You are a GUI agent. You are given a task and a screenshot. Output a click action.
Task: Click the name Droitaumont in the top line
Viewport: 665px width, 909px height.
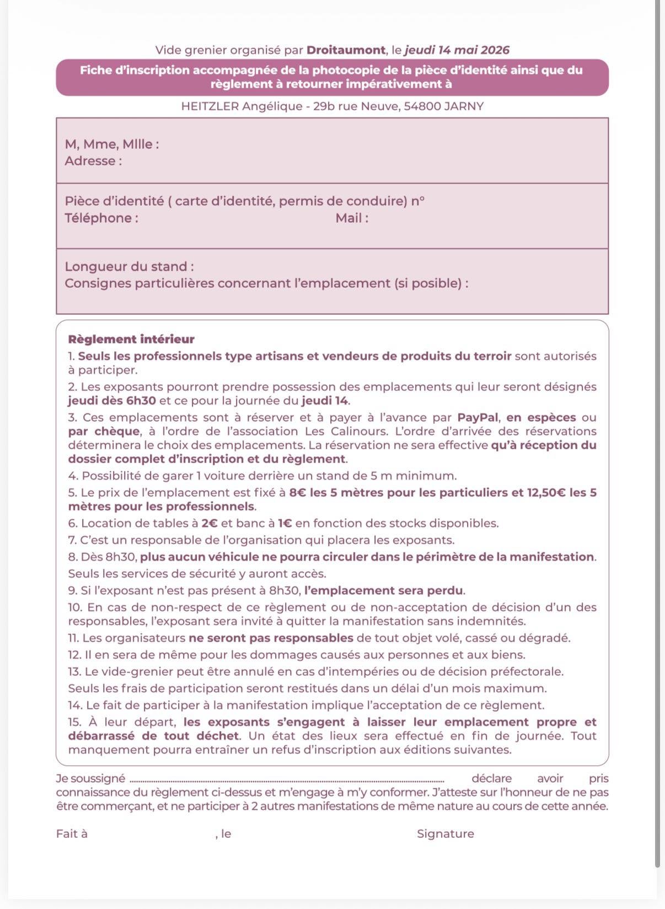346,50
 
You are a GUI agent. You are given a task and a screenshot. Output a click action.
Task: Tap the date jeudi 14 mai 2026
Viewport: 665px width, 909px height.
457,50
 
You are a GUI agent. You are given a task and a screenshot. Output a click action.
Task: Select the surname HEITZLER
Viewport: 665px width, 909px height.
210,106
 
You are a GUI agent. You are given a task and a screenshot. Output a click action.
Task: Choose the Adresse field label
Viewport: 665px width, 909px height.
93,161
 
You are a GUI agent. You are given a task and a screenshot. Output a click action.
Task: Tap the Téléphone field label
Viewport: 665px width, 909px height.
101,218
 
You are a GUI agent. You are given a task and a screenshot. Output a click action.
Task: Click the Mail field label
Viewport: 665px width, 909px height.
352,218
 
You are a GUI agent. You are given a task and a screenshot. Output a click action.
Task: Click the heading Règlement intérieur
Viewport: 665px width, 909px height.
131,340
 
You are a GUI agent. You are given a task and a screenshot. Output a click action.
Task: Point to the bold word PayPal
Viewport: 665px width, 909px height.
478,418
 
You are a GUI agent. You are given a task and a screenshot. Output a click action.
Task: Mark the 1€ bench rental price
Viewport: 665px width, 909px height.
285,524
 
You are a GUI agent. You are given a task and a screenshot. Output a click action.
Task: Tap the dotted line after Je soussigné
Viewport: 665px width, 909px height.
287,780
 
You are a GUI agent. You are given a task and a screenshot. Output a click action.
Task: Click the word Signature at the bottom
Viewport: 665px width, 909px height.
446,834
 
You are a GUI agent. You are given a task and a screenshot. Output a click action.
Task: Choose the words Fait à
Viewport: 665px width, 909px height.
72,834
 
